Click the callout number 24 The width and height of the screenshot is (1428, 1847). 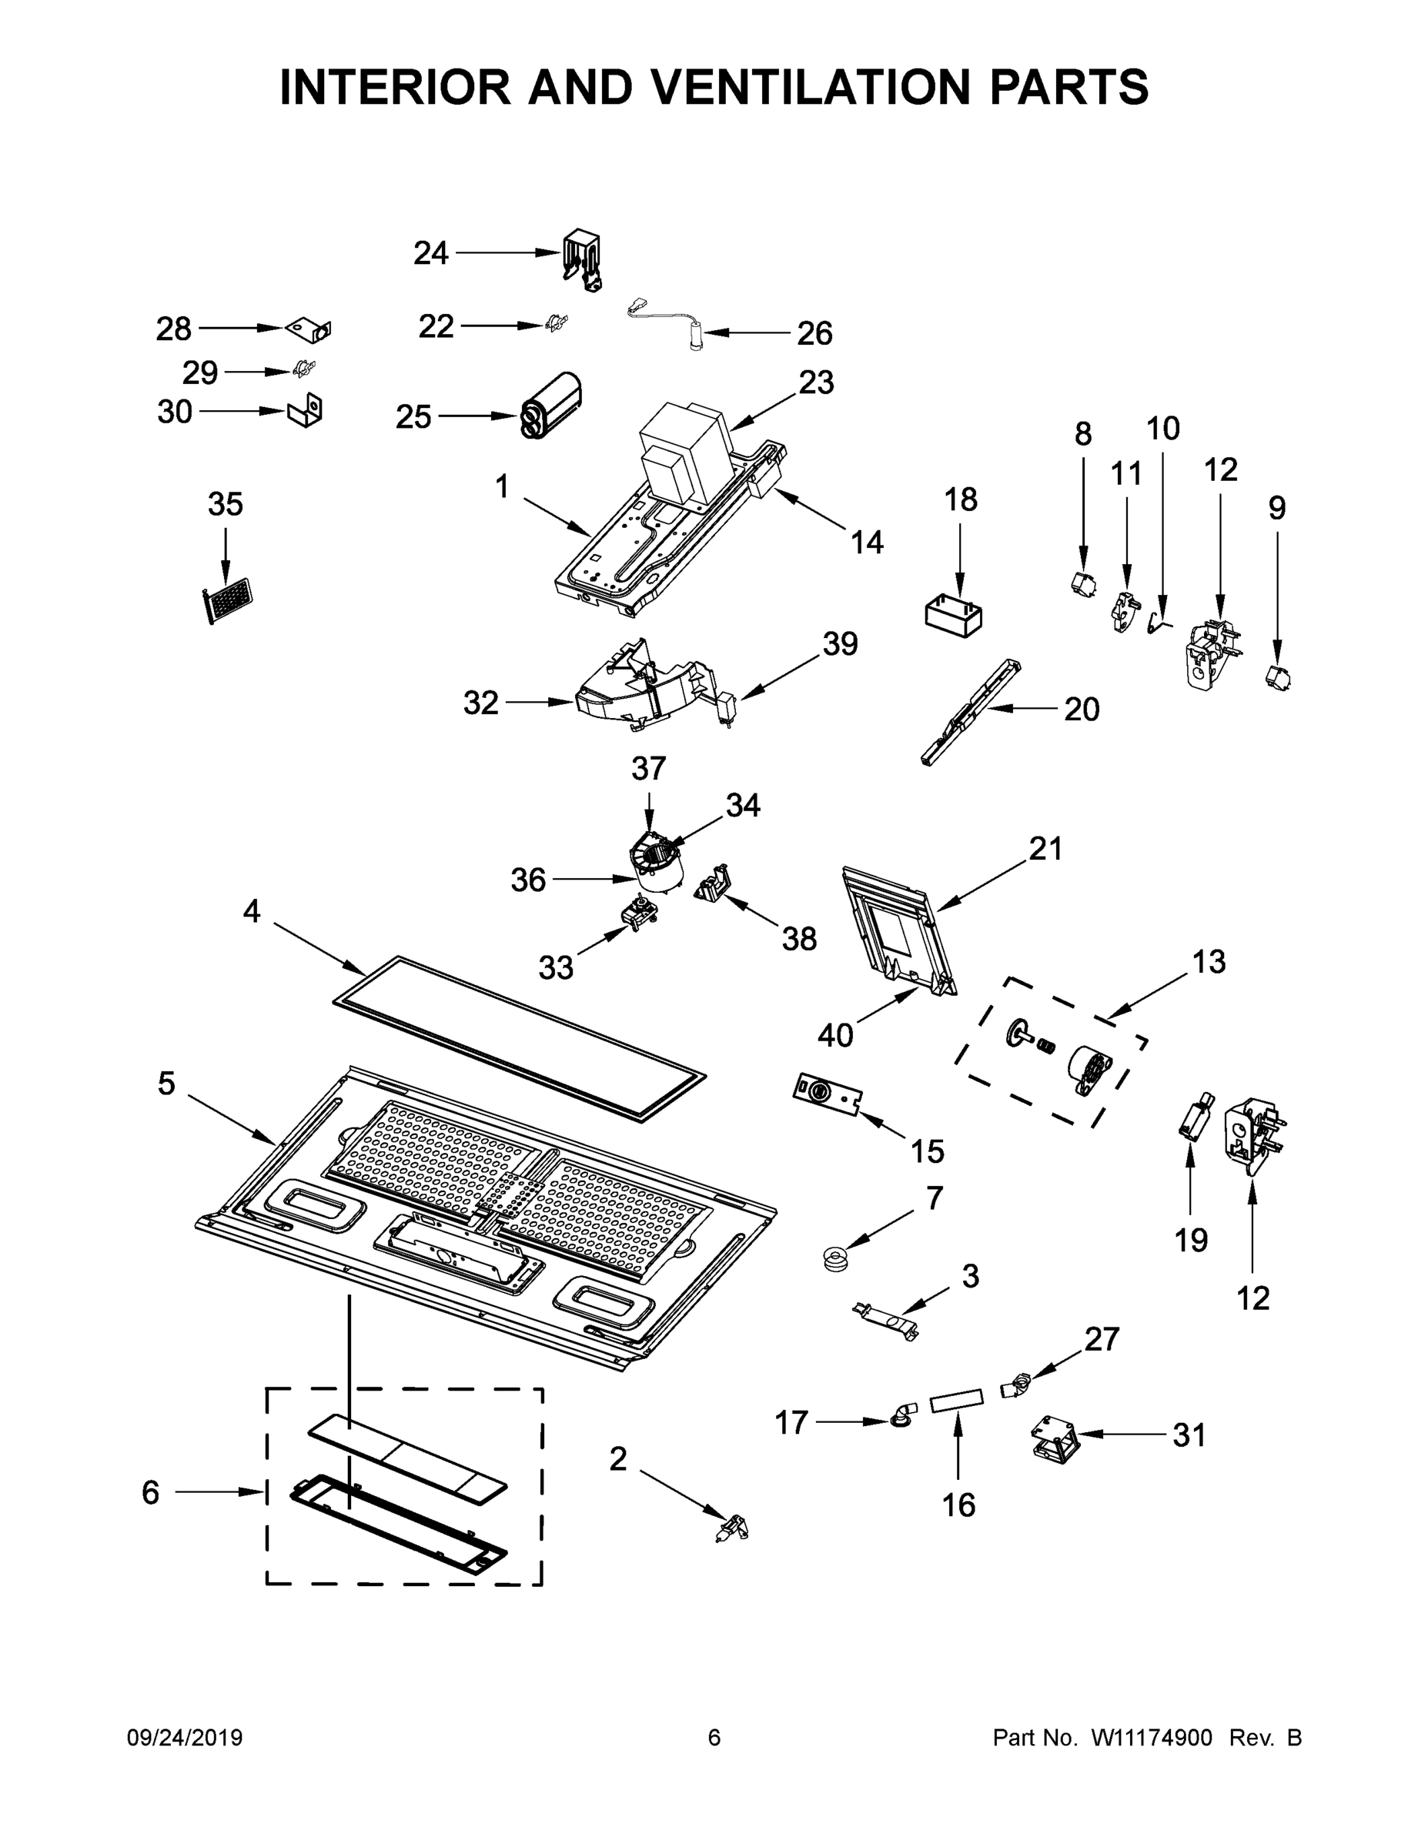[430, 253]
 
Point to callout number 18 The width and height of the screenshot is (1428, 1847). [961, 499]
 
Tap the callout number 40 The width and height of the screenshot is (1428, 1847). [836, 1034]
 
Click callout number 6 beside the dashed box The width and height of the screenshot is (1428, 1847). [151, 1493]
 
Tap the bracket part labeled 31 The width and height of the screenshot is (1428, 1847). [1054, 1438]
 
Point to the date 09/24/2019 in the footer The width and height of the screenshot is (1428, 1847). [185, 1737]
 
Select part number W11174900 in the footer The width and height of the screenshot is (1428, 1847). [1152, 1737]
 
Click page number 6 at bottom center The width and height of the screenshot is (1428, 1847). [714, 1737]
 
